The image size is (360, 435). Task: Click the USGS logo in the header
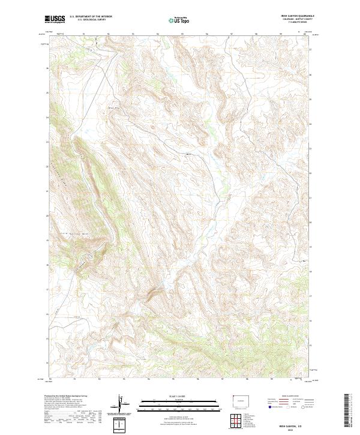55,20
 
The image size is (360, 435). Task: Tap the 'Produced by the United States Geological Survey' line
67,396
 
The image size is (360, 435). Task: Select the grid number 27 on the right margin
310,50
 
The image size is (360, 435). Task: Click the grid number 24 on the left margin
47,118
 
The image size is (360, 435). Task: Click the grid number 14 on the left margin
47,362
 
